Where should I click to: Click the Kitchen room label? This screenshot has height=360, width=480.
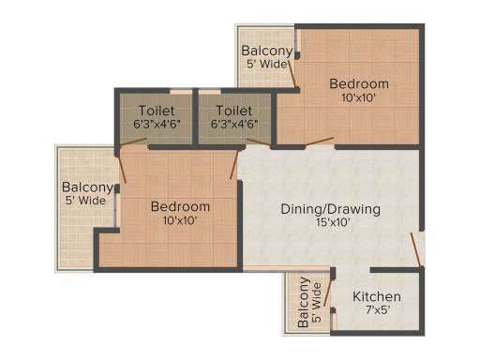click(x=377, y=296)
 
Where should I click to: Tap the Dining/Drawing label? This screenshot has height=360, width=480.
click(x=331, y=209)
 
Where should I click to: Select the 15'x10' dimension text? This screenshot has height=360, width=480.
click(x=333, y=222)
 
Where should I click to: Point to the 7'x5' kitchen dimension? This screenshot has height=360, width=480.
click(x=378, y=310)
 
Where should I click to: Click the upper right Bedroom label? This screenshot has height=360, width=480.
click(x=359, y=83)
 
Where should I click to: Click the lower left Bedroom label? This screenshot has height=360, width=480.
click(x=180, y=206)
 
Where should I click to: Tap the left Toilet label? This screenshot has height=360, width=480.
click(x=157, y=111)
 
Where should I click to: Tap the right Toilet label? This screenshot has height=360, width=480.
click(x=234, y=111)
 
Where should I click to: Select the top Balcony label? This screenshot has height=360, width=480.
click(x=267, y=51)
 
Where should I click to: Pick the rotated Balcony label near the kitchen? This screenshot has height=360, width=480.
click(x=303, y=302)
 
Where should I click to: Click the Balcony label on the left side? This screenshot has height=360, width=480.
click(x=87, y=187)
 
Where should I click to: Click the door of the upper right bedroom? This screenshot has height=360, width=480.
click(x=320, y=142)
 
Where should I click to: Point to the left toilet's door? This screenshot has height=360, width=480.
click(x=133, y=142)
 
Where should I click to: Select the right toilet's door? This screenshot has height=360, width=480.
click(x=259, y=142)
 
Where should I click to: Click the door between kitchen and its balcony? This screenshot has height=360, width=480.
click(x=327, y=292)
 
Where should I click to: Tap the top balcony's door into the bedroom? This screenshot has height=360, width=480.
click(x=292, y=75)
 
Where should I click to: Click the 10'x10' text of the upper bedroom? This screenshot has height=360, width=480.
click(x=358, y=97)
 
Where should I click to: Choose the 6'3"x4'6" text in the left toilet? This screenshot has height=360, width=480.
click(x=157, y=124)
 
